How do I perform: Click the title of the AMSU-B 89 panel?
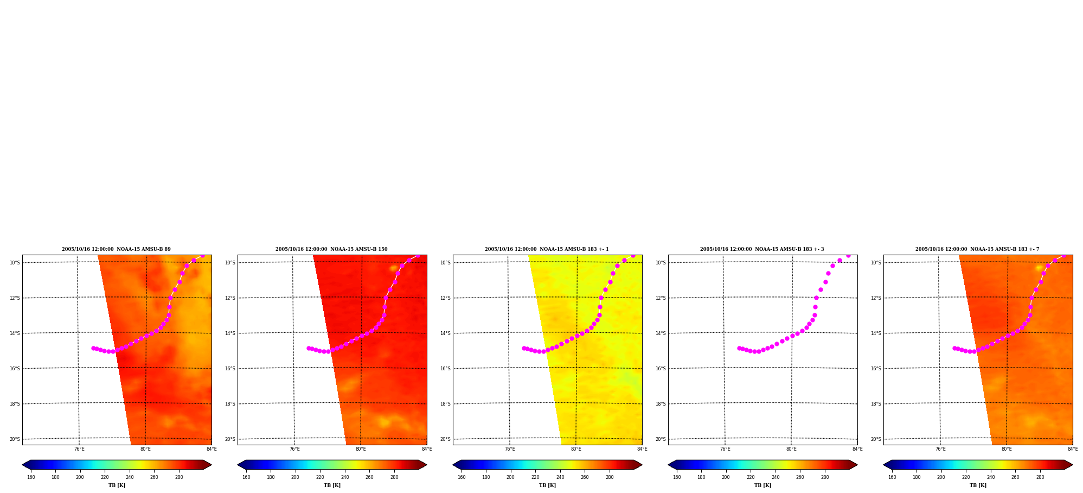coord(116,249)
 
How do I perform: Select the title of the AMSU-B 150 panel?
coord(331,249)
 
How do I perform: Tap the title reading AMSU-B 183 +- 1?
coord(547,249)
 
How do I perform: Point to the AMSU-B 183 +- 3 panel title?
coord(762,249)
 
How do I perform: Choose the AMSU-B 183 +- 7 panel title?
coord(977,249)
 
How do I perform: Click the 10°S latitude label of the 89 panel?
coord(15,263)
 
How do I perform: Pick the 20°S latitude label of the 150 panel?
coord(230,439)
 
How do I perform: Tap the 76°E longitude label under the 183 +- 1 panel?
coord(510,449)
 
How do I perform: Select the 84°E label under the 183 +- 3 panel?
coord(857,449)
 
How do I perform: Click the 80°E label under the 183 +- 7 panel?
coord(1007,449)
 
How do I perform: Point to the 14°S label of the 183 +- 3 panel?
coord(661,333)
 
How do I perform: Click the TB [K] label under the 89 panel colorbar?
coord(117,485)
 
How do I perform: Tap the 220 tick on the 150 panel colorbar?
coord(320,477)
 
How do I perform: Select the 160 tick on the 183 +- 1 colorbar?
coord(462,477)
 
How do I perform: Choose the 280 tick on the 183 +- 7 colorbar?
coord(1040,477)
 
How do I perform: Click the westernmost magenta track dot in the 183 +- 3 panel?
coord(739,348)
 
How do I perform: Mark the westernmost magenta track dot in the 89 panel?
coord(93,348)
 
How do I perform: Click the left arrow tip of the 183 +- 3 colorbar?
coord(668,465)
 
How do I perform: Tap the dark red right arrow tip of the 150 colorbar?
coord(427,465)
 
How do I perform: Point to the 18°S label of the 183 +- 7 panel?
coord(876,404)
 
